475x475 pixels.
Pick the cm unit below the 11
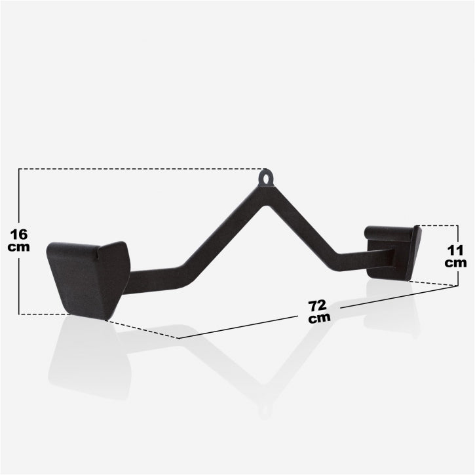pos(455,263)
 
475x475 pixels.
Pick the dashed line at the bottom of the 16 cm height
pos(39,314)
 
